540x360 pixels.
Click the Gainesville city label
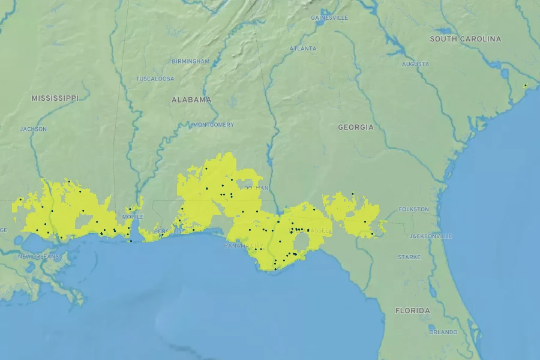329,18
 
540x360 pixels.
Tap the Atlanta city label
302,49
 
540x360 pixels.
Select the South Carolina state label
465,39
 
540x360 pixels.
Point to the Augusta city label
415,64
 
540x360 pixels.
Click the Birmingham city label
191,61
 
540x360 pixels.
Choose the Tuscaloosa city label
155,79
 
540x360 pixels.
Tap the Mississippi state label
55,98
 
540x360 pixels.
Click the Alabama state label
191,100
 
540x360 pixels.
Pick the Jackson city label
33,129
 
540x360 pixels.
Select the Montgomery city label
214,125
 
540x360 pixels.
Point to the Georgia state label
355,127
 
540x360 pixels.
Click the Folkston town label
414,209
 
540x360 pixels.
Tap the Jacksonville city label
430,236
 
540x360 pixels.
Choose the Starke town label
409,257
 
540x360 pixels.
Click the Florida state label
412,311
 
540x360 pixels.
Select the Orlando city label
443,332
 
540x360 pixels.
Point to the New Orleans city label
38,256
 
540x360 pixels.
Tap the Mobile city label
133,217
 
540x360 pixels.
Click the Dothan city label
256,188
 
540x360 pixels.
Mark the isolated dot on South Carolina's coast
525,86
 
